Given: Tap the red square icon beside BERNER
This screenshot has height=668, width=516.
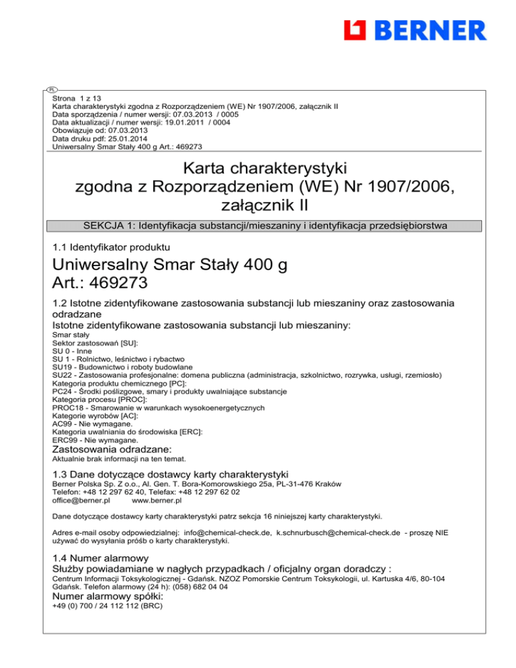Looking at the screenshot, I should (x=354, y=30).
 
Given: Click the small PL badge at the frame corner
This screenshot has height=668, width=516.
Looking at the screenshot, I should (x=52, y=89).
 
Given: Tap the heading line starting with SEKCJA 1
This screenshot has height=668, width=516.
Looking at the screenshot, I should (x=258, y=224).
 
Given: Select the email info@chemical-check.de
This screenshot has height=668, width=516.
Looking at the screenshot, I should (x=225, y=532).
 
